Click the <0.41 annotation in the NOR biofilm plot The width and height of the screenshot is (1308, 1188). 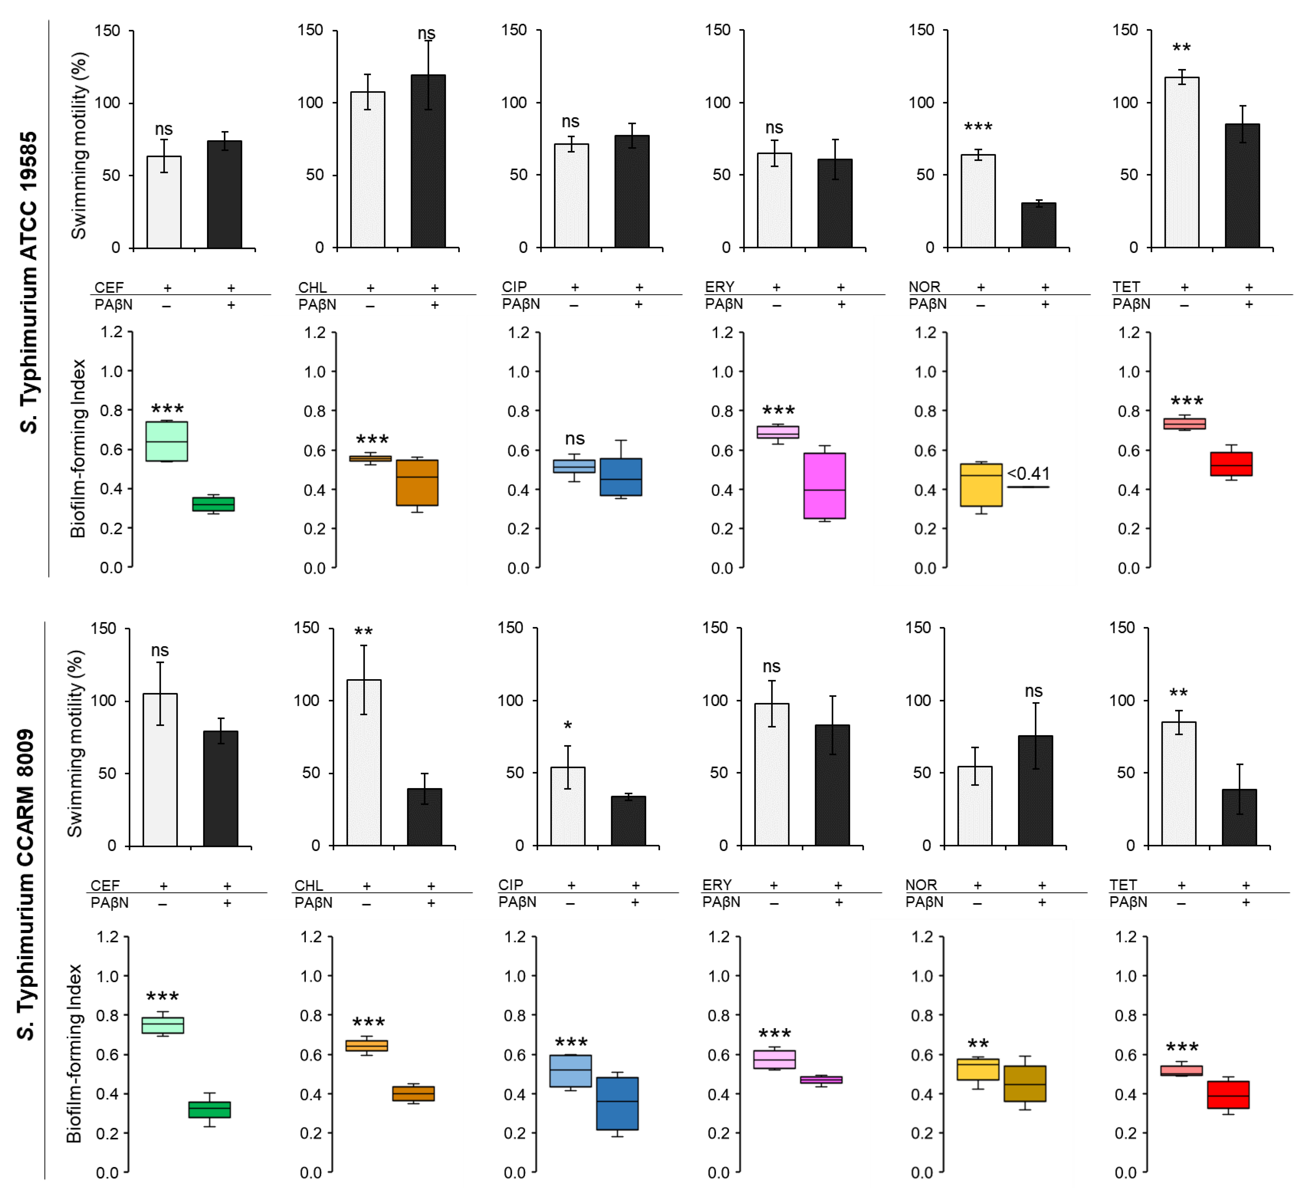point(1028,473)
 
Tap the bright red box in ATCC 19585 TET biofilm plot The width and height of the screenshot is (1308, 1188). point(1231,464)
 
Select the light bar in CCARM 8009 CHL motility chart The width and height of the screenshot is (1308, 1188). point(364,763)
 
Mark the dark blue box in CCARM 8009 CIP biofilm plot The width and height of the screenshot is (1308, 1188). point(617,1103)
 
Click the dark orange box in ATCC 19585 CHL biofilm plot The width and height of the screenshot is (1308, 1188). point(417,482)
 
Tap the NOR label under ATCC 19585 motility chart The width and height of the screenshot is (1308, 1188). point(924,286)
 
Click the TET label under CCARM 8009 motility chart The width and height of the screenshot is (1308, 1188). point(1123,885)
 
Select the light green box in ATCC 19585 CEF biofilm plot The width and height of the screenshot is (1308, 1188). point(167,441)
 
